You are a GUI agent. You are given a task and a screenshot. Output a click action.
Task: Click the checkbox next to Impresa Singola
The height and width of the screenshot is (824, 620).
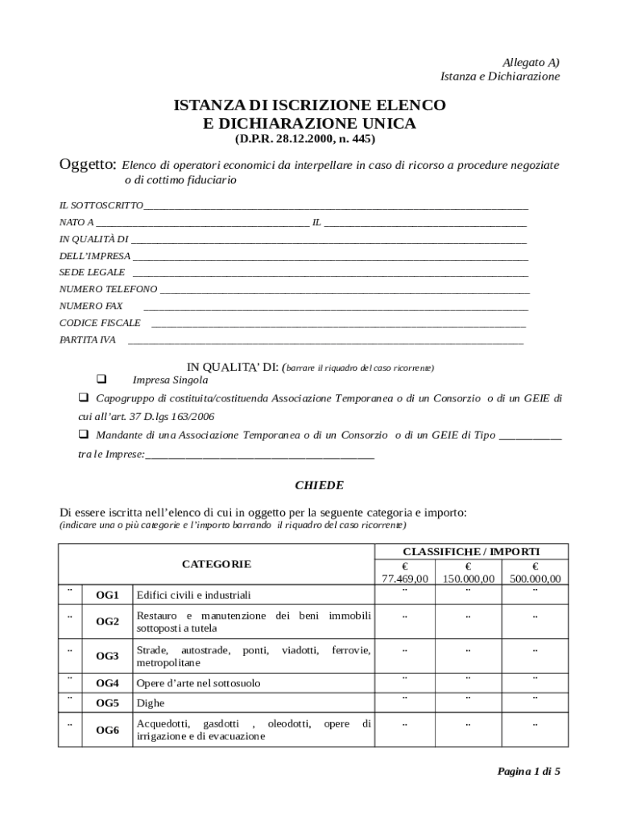(102, 379)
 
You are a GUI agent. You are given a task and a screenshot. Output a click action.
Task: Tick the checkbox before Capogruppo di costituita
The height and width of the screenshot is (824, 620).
(83, 398)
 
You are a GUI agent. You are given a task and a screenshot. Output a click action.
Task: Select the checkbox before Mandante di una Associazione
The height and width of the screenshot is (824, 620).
(83, 435)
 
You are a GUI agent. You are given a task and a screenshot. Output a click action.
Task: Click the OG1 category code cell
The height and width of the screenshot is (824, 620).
(107, 595)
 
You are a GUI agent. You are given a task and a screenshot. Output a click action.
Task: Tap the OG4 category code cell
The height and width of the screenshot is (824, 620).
(107, 683)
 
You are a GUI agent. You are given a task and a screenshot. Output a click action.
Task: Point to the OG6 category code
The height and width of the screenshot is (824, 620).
(107, 731)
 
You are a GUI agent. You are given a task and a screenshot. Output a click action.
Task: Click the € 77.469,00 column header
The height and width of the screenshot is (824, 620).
(405, 573)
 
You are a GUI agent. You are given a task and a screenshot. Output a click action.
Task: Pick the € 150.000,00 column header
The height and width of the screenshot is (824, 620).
(468, 573)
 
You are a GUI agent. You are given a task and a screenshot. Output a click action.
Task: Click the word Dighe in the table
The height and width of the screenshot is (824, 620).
(151, 702)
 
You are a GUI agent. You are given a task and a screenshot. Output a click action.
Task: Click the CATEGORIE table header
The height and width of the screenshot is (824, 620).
(216, 564)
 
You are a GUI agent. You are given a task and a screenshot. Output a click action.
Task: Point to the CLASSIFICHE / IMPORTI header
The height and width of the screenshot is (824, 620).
(471, 551)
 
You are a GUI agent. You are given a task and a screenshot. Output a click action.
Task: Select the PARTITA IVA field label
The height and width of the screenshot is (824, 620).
(88, 340)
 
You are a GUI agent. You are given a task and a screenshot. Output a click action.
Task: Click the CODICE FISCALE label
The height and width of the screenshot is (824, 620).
(100, 323)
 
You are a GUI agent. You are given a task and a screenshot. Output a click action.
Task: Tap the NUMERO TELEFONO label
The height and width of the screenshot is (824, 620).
(108, 289)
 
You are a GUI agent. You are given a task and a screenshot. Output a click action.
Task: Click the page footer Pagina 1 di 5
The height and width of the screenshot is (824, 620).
(528, 772)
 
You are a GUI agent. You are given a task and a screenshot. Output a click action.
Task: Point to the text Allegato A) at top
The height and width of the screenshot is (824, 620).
(531, 62)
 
